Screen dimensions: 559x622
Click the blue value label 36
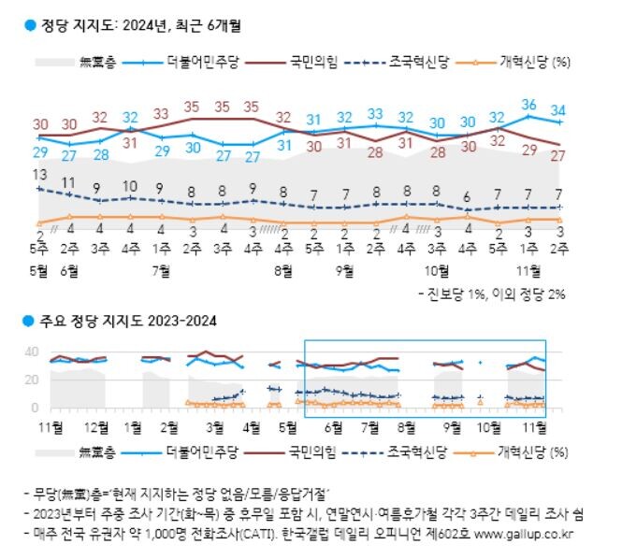(x=529, y=104)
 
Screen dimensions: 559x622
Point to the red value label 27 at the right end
(x=560, y=155)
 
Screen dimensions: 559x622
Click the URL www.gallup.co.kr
(x=534, y=534)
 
